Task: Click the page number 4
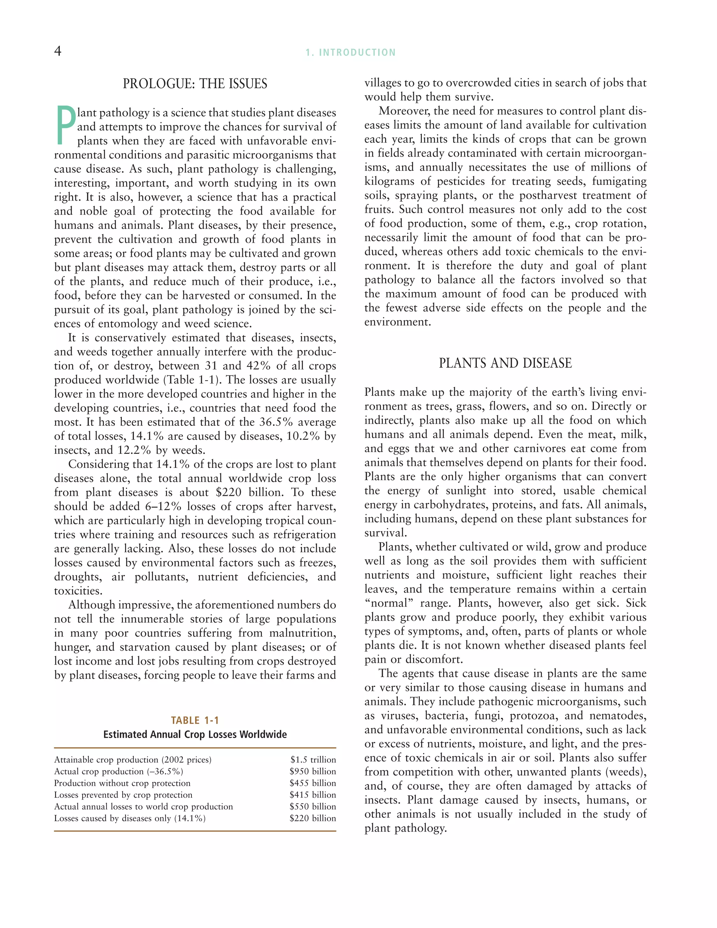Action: tap(58, 51)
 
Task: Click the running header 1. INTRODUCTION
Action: tap(350, 53)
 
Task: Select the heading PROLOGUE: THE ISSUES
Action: tap(195, 84)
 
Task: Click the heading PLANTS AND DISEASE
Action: tap(505, 363)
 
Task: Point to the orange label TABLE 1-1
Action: tap(195, 720)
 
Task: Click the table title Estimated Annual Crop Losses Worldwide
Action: tap(195, 735)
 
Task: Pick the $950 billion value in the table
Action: tap(313, 771)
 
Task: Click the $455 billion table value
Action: tap(313, 783)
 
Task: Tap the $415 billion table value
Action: tap(313, 795)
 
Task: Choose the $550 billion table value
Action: tap(313, 806)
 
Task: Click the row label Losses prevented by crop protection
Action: tap(123, 795)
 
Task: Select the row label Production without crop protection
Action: tap(122, 783)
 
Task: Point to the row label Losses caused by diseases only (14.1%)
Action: tap(130, 818)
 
